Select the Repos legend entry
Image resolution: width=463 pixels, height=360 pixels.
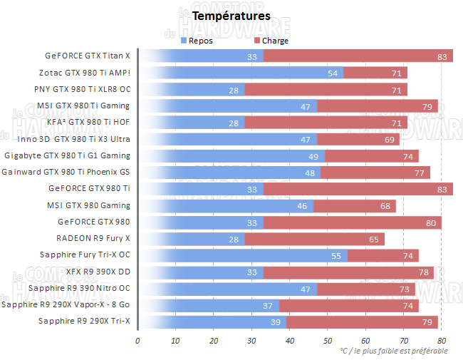point(200,41)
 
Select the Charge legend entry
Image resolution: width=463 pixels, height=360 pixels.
point(275,41)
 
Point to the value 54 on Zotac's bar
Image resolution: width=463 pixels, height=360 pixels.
point(333,73)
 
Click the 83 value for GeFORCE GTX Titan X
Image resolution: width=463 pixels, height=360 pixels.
point(442,56)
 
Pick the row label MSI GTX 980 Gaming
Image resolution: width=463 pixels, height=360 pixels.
point(88,205)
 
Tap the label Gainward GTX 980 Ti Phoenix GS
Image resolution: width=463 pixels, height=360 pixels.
point(66,172)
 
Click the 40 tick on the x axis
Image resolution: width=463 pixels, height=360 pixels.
point(289,340)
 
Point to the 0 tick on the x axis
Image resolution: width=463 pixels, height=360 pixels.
point(137,340)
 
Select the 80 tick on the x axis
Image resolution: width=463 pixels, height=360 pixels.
point(441,340)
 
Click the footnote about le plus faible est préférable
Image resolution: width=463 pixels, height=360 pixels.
point(393,351)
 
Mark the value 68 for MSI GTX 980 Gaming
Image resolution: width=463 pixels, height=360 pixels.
point(385,205)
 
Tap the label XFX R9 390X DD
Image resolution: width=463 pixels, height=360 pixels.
point(97,272)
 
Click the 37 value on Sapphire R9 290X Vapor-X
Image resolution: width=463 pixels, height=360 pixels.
point(268,305)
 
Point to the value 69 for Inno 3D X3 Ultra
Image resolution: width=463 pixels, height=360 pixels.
point(389,139)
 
